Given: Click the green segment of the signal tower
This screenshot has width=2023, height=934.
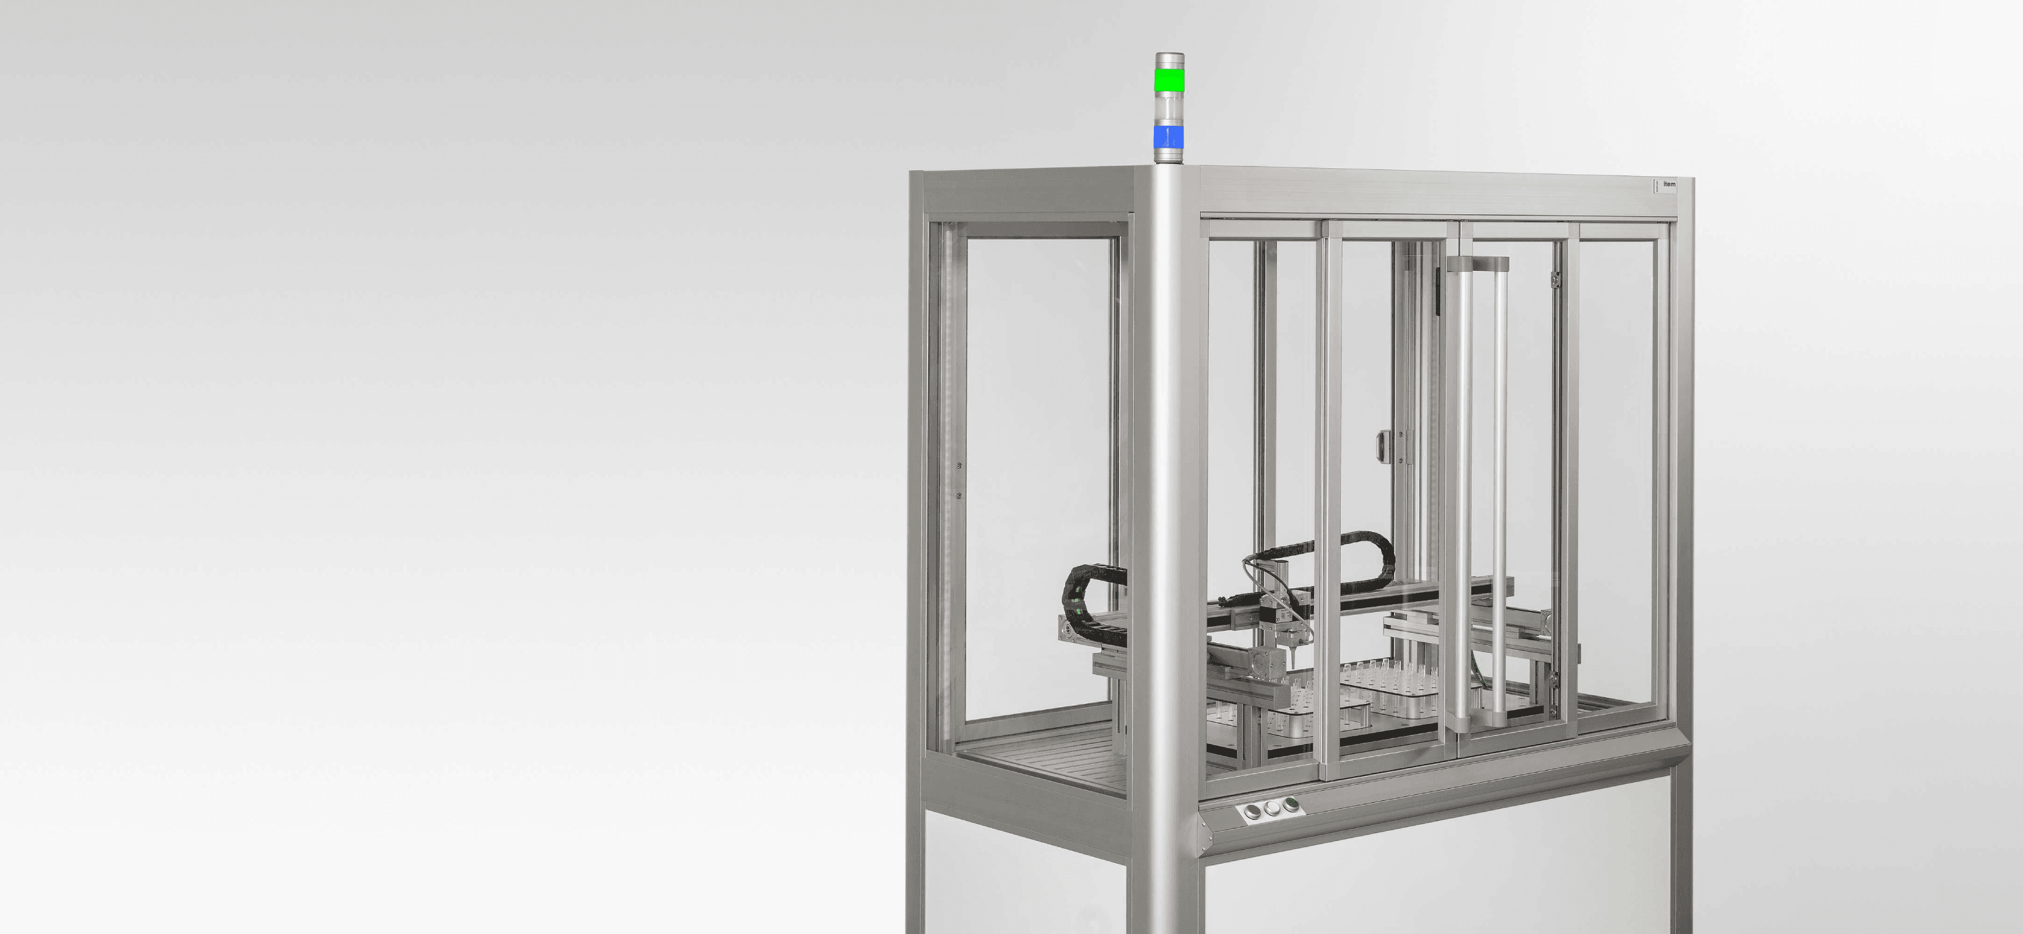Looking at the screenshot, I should tap(1168, 80).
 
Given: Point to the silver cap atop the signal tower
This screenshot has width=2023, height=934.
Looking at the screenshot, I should tap(1168, 60).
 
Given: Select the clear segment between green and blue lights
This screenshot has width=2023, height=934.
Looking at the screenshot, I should tap(1168, 109).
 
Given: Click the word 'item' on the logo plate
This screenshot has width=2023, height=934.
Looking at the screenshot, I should tap(1669, 185).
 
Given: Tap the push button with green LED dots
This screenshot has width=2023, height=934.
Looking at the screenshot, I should tap(1288, 805).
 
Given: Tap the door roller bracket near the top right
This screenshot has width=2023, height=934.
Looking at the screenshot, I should tap(1554, 279).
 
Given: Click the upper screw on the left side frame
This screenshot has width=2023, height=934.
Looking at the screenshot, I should tap(959, 466).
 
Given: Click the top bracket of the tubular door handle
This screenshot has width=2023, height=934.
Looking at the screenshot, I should tap(1481, 262).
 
